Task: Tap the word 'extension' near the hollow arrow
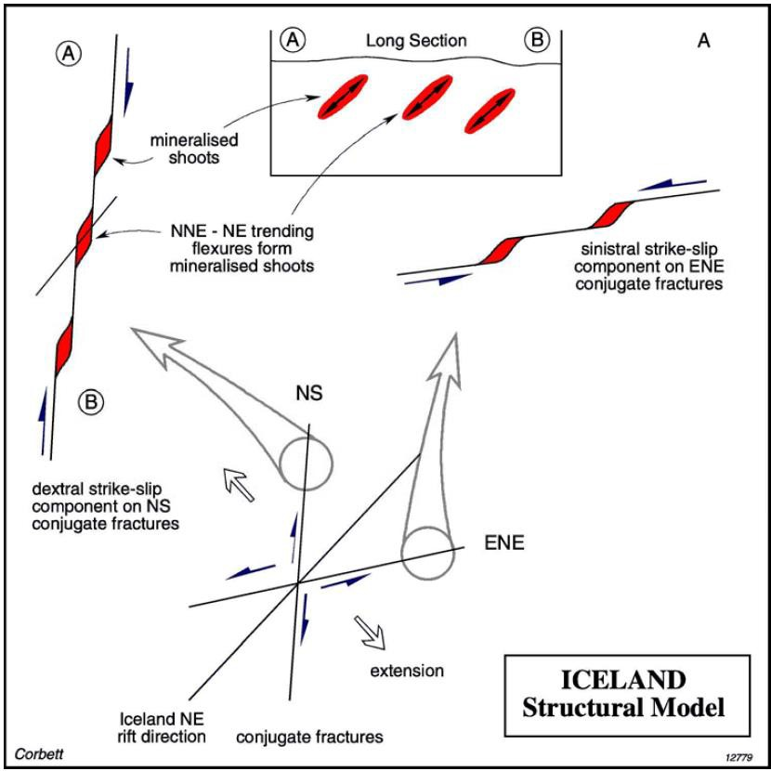point(407,670)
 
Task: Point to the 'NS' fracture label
point(309,394)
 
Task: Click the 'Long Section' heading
point(416,40)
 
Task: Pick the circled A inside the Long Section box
point(293,40)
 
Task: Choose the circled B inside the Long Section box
point(537,40)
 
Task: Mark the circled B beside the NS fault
point(91,403)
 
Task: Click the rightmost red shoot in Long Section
point(490,111)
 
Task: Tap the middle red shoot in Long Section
point(426,98)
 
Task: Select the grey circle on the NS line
point(306,464)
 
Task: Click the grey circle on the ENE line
point(427,554)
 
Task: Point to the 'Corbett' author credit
point(39,753)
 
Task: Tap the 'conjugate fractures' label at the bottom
point(309,737)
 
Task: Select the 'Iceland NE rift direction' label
point(163,728)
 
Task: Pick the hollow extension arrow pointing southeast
point(370,633)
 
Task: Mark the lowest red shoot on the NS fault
point(64,346)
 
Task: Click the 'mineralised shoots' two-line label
point(194,149)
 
